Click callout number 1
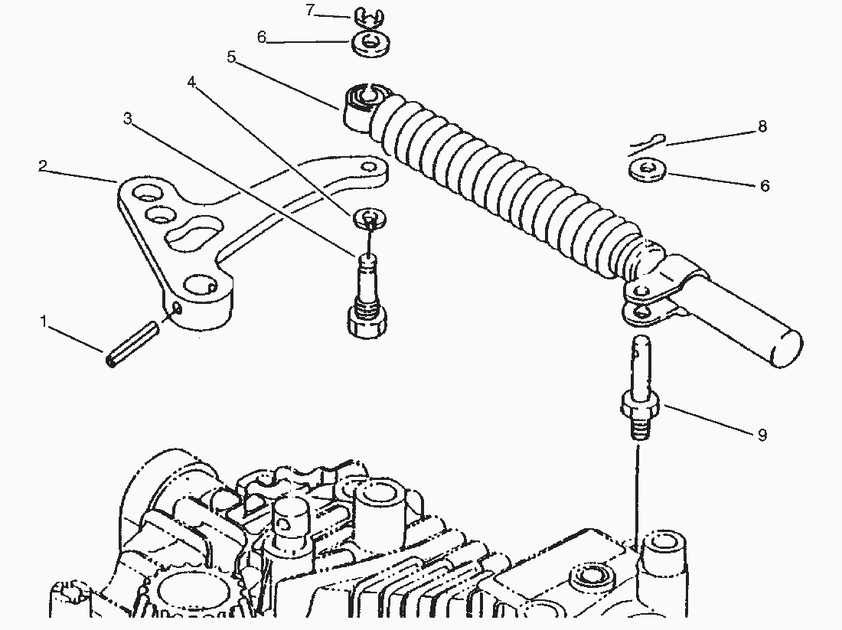pyautogui.click(x=44, y=322)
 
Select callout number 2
pyautogui.click(x=43, y=166)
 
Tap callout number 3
pyautogui.click(x=127, y=118)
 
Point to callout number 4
pyautogui.click(x=191, y=82)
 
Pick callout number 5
pyautogui.click(x=231, y=57)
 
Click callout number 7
pyautogui.click(x=310, y=10)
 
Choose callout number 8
pyautogui.click(x=762, y=126)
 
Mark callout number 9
pyautogui.click(x=762, y=435)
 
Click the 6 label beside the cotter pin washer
pyautogui.click(x=765, y=186)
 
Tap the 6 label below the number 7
pyautogui.click(x=262, y=37)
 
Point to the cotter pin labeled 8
pyautogui.click(x=647, y=144)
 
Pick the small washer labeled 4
pyautogui.click(x=370, y=217)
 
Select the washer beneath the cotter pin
pyautogui.click(x=648, y=170)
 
